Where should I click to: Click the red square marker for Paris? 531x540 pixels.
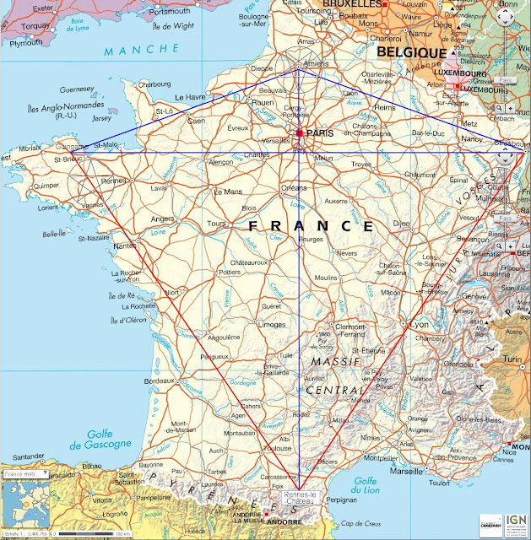tap(300, 133)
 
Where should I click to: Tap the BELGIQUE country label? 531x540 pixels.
tap(411, 52)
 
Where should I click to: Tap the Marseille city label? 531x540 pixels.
tap(407, 471)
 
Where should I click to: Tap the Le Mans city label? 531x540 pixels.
tap(229, 192)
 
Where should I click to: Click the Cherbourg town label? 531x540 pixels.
tap(154, 84)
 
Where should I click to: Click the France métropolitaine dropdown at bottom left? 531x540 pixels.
tap(25, 474)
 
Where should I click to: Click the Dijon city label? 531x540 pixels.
tap(401, 224)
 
